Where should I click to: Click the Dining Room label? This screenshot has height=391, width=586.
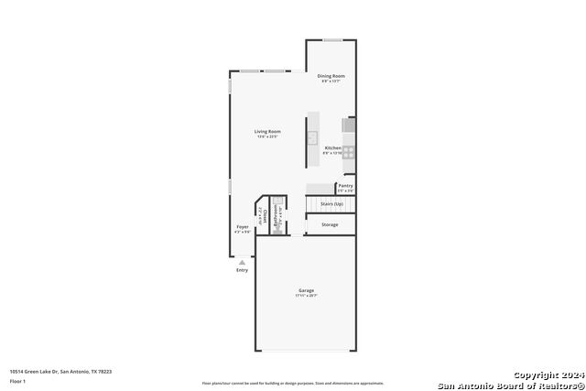331,76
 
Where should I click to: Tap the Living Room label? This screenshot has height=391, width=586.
267,132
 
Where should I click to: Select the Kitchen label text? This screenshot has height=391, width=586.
332,148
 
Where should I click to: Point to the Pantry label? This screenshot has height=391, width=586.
345,186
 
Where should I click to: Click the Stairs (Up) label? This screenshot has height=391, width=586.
331,203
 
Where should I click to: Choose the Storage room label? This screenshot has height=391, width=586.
330,224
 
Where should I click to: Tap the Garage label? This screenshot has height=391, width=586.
306,290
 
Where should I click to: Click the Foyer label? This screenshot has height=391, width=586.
243,227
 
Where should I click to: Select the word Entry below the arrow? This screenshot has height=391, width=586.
242,270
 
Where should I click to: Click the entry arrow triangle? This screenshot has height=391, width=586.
242,261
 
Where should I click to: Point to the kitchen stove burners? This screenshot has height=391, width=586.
349,153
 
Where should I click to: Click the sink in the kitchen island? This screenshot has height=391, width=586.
311,139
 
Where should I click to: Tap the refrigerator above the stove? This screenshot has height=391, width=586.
349,125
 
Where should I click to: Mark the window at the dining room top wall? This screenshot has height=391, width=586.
332,39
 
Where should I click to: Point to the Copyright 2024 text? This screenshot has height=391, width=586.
546,375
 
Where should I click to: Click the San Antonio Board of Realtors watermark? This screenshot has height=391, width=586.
511,385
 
